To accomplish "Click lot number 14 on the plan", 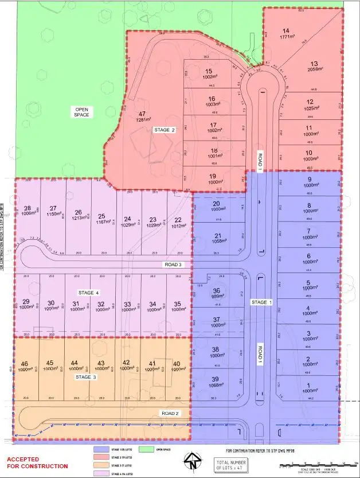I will coord(286,30).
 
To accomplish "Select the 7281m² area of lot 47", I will coord(142,121).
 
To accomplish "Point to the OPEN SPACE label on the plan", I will coord(82,111).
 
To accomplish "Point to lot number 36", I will coord(217,291).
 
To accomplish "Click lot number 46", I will coord(24,363).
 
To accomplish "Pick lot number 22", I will coord(178,220).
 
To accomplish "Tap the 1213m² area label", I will coord(78,219).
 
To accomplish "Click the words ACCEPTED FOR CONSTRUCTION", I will coord(37,463).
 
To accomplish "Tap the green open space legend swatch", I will coord(147,450).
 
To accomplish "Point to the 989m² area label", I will coord(217,298).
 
